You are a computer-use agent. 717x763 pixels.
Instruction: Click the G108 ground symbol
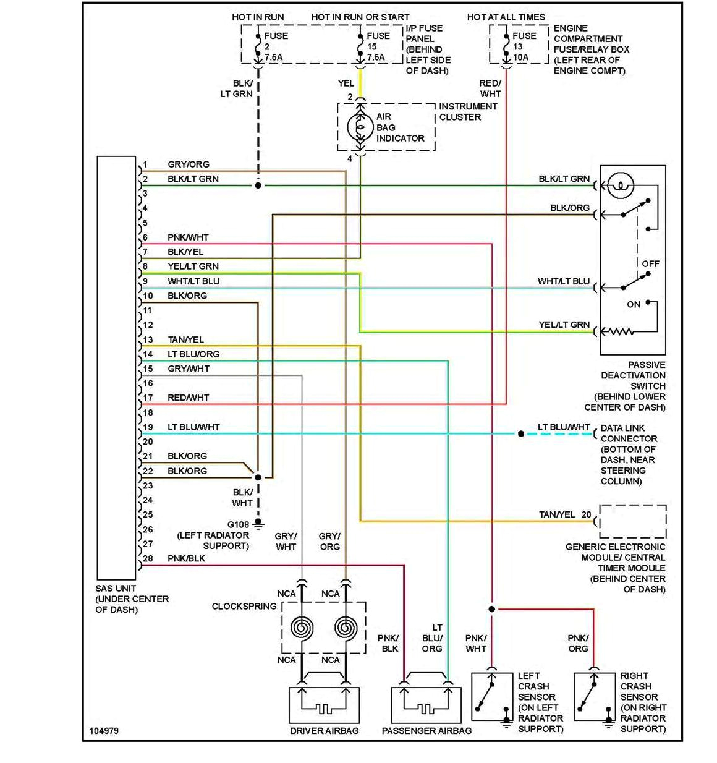(258, 524)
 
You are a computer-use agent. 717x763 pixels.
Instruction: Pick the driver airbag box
(325, 704)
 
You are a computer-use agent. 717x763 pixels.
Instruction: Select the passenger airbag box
(426, 704)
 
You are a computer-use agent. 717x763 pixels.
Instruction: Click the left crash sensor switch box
(492, 697)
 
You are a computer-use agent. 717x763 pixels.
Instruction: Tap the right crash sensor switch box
(595, 697)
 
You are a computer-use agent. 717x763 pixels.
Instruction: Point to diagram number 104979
(104, 731)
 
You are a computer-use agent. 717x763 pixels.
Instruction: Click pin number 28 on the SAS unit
(148, 558)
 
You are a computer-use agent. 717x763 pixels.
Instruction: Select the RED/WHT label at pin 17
(189, 398)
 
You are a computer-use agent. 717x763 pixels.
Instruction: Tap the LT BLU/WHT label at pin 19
(193, 427)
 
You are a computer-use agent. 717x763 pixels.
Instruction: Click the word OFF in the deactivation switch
(650, 264)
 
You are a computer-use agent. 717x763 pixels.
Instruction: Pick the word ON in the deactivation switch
(634, 305)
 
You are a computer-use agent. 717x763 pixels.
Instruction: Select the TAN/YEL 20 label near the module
(565, 514)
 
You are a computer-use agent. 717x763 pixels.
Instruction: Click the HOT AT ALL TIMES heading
(506, 17)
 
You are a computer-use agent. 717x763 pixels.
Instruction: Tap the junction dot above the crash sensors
(492, 609)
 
